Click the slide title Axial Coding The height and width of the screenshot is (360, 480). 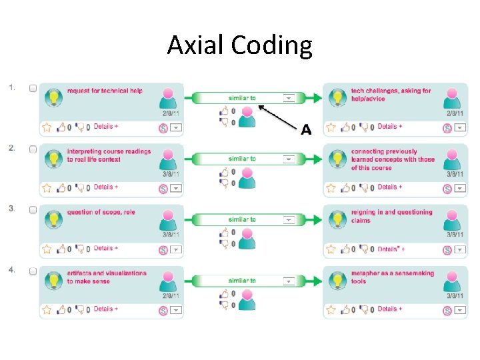coord(239,45)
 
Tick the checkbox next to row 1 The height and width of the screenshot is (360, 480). coord(33,88)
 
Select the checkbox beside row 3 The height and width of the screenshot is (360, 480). coord(33,210)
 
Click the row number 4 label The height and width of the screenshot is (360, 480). coord(12,270)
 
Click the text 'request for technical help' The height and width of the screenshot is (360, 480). coord(105,91)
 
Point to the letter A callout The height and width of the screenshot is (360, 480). coord(306,129)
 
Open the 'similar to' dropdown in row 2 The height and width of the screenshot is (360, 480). coord(288,159)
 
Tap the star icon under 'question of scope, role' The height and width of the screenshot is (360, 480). coord(47,249)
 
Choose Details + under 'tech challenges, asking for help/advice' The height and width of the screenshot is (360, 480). coord(390,127)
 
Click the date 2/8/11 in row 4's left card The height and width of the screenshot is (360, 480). coord(171,295)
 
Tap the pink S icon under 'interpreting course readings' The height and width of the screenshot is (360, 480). coord(163,189)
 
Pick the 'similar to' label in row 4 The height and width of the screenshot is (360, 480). coord(241,281)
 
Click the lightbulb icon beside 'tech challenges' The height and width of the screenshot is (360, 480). coord(338,98)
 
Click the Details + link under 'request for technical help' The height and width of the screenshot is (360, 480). coord(106,127)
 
